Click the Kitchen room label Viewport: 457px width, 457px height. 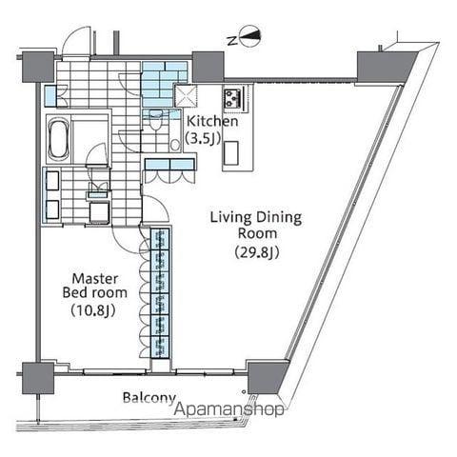(x=212, y=121)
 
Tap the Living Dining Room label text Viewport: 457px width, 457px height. (x=256, y=226)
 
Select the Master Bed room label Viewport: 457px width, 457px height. (x=95, y=286)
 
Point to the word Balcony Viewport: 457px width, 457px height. (x=149, y=398)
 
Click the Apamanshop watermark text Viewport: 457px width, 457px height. (x=229, y=408)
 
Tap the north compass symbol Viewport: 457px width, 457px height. (x=250, y=36)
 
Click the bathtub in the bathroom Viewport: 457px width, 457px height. (x=59, y=138)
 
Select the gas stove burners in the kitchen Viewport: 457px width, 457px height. (x=232, y=98)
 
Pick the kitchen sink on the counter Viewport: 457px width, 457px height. (x=231, y=153)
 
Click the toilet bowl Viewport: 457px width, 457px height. (x=155, y=122)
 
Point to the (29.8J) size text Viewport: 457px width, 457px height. (x=257, y=253)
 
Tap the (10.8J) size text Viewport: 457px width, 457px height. (x=93, y=310)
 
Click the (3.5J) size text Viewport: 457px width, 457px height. (x=204, y=138)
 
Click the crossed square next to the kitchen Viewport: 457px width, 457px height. (x=186, y=95)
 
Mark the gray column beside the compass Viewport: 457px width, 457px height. (x=209, y=67)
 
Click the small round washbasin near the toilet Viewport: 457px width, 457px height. (x=175, y=145)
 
